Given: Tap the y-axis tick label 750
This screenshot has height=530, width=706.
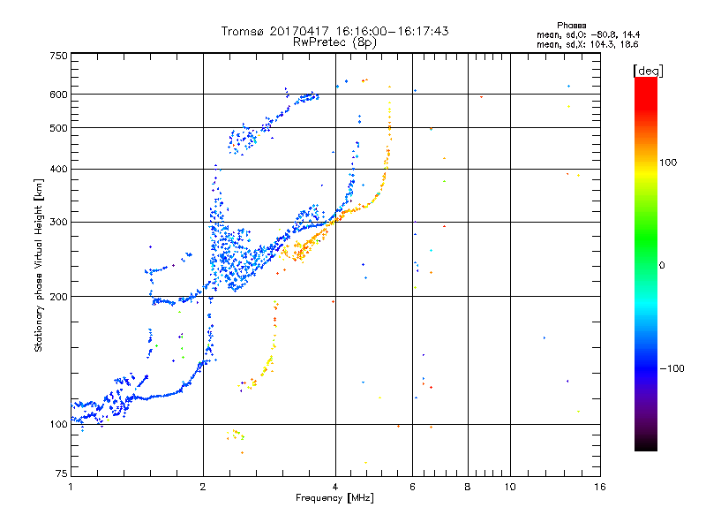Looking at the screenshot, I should pos(57,56).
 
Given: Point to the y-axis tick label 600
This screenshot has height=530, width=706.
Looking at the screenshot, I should pos(57,95).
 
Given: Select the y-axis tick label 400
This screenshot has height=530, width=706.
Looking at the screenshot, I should pos(57,169).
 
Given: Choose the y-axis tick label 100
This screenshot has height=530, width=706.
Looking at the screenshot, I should pos(57,424).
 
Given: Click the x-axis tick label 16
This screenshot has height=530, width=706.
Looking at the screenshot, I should pos(599,487).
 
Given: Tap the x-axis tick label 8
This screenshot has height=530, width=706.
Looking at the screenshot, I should pos(468,487).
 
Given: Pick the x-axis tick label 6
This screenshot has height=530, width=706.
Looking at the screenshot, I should pos(413,487).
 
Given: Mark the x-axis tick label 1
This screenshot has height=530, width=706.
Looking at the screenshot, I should pos(71,487).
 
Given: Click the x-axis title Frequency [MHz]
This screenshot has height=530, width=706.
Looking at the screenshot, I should pos(334,499).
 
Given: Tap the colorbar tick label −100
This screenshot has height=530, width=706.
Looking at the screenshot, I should pos(672,368).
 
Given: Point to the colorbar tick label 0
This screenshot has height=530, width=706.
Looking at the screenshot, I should pos(663,265).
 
